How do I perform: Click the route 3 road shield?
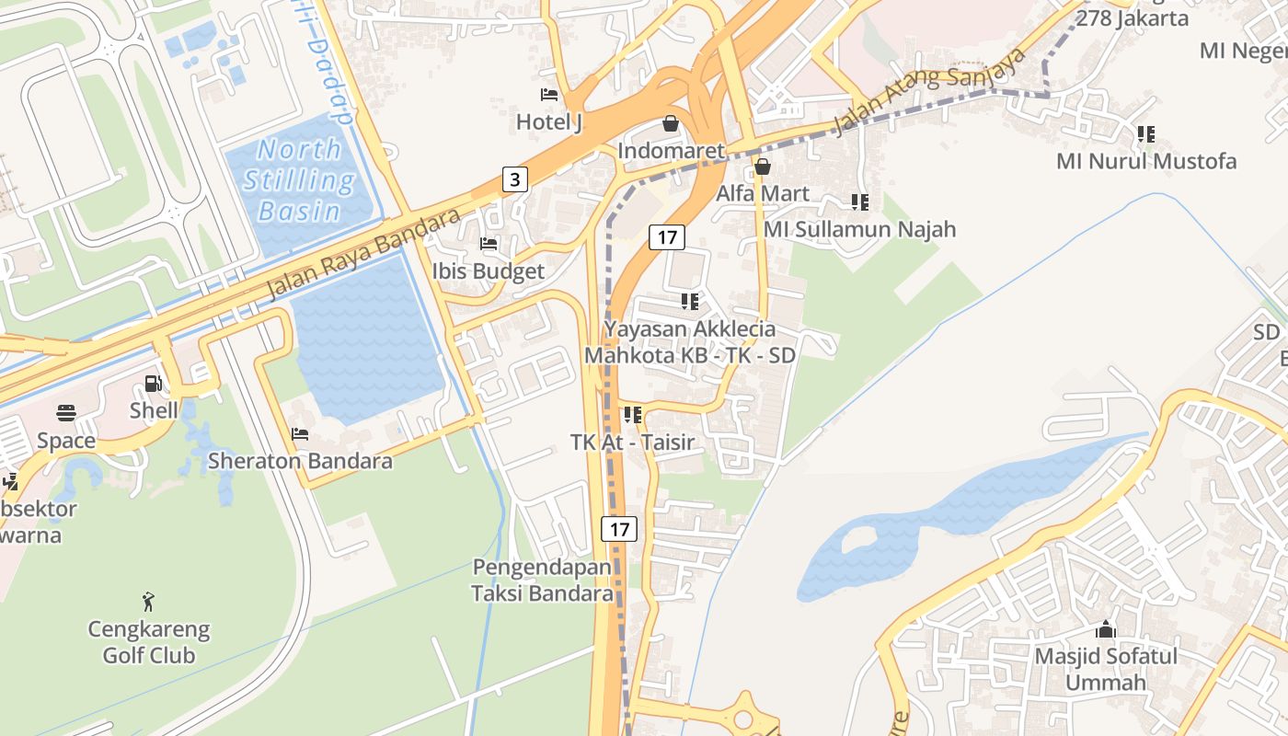tap(515, 179)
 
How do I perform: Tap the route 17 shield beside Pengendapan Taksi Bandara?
tap(619, 529)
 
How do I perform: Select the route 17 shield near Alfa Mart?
tap(667, 237)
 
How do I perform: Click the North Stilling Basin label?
tap(299, 180)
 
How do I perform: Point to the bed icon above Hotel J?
tap(549, 95)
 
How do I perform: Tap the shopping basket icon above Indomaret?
tap(671, 123)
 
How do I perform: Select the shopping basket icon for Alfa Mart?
tap(762, 167)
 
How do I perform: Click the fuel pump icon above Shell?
tap(153, 384)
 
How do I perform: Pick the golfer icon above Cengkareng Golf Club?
tap(148, 603)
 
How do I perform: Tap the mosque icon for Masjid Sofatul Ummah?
tap(1106, 630)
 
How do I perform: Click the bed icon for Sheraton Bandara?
tap(300, 434)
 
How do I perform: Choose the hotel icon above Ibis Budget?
tap(489, 245)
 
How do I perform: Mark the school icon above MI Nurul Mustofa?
tap(1145, 134)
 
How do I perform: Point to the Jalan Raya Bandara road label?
tap(362, 254)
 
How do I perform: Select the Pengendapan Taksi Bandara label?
tap(542, 581)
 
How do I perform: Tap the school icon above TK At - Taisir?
tap(632, 415)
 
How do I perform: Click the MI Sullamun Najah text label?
tap(860, 229)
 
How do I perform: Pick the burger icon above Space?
tap(66, 413)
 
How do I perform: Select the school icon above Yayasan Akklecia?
tap(689, 302)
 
